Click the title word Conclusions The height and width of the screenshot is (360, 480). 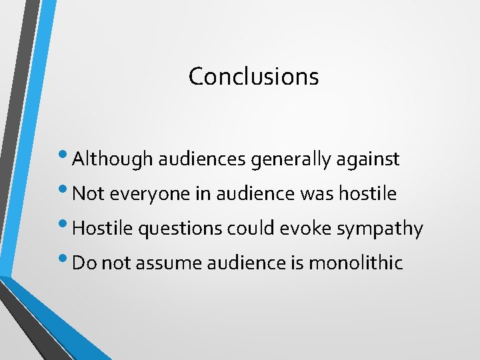[253, 76]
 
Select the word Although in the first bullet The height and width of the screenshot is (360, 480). [111, 159]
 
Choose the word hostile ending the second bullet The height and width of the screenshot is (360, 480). [368, 194]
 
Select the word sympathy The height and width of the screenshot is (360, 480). [380, 229]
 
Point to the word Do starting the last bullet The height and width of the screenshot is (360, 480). [82, 263]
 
